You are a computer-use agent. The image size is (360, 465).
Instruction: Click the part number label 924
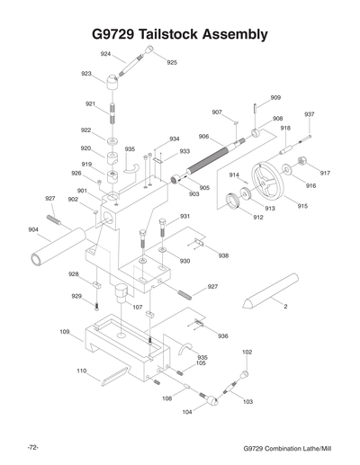pyautogui.click(x=106, y=54)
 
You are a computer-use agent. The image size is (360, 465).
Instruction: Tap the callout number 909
pyautogui.click(x=275, y=97)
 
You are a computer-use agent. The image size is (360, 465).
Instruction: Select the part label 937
pyautogui.click(x=309, y=114)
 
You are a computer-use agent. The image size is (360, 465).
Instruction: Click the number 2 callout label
pyautogui.click(x=285, y=308)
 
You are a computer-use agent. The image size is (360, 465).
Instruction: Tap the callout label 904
pyautogui.click(x=33, y=229)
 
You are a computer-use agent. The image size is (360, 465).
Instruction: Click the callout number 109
pyautogui.click(x=65, y=332)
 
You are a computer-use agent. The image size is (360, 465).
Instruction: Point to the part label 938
pyautogui.click(x=223, y=255)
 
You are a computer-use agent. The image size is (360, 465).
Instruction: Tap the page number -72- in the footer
pyautogui.click(x=31, y=447)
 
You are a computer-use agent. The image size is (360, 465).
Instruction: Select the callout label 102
pyautogui.click(x=247, y=352)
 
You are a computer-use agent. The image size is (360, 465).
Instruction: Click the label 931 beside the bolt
pyautogui.click(x=185, y=216)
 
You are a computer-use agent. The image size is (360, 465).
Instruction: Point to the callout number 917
pyautogui.click(x=325, y=173)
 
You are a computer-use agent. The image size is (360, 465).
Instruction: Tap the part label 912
pyautogui.click(x=258, y=218)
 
